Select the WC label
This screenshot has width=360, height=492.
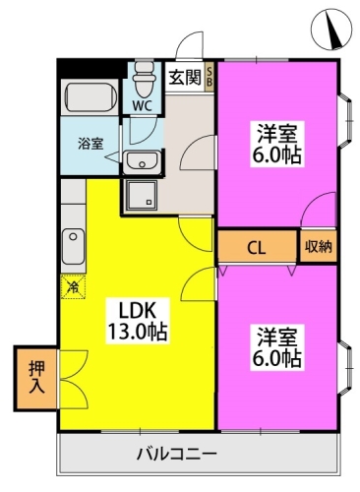(x=144, y=100)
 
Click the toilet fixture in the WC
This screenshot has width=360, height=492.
(x=145, y=75)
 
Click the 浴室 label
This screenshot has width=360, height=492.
(x=90, y=143)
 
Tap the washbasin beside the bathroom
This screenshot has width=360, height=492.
(x=144, y=162)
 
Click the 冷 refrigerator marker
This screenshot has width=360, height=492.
(x=74, y=287)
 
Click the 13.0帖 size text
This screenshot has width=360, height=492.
(x=136, y=332)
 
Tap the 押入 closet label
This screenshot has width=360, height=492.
(x=34, y=377)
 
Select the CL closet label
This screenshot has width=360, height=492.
(x=254, y=247)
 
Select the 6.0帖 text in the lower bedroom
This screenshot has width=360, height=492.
(x=274, y=361)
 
